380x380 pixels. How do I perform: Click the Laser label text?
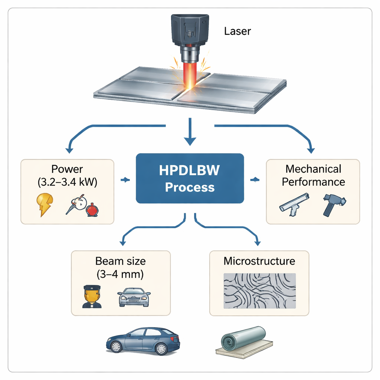tap(237, 31)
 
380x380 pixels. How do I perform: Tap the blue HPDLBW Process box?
tap(190, 178)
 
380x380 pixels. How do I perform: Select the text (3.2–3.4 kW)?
tap(67, 182)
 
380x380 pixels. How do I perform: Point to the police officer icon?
tap(92, 297)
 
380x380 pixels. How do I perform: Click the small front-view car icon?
tap(134, 297)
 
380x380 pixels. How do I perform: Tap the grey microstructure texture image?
tap(260, 291)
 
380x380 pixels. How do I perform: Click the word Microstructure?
tap(259, 261)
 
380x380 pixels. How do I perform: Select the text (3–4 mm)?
tap(120, 275)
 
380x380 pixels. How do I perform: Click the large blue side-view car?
tap(143, 340)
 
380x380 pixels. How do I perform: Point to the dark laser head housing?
tap(190, 30)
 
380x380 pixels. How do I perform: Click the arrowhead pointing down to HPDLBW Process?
tap(190, 141)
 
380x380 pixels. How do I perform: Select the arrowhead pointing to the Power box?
tap(69, 150)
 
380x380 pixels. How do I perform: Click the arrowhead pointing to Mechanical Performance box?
tap(311, 150)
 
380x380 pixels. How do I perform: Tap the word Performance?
tap(314, 182)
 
